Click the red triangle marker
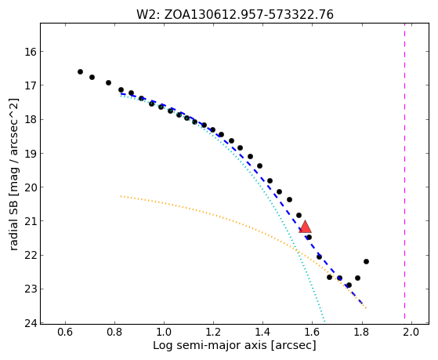pos(305,227)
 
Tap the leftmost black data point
pos(80,72)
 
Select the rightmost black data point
pos(366,261)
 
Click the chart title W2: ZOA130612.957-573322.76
pos(234,14)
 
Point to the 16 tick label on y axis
pos(31,52)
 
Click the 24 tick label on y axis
pos(31,323)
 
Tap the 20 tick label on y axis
pos(31,187)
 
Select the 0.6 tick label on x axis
pos(65,332)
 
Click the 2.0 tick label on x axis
pos(411,332)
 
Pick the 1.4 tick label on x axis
pos(262,332)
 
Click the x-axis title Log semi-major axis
pos(210,346)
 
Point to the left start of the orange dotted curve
pos(121,196)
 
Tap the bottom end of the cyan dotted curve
pos(324,321)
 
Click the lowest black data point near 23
pos(349,285)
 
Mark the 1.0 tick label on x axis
pos(164,332)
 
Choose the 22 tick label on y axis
pos(31,256)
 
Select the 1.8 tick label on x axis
pos(362,332)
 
